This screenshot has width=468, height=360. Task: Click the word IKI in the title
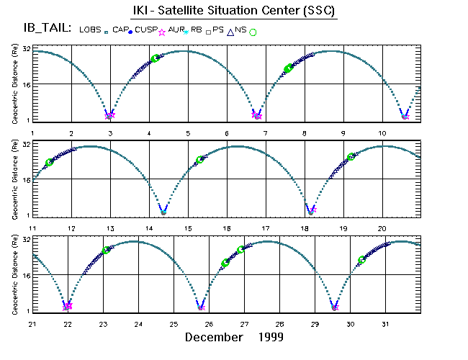pyautogui.click(x=143, y=12)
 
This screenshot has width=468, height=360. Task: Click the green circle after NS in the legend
pyautogui.click(x=253, y=32)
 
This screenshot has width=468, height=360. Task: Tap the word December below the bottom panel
pyautogui.click(x=214, y=337)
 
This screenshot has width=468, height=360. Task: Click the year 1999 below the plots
pyautogui.click(x=270, y=337)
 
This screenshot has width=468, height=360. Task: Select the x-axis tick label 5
pyautogui.click(x=187, y=133)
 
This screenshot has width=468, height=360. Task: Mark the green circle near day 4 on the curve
pyautogui.click(x=155, y=58)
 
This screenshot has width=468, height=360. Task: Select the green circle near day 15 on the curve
pyautogui.click(x=200, y=159)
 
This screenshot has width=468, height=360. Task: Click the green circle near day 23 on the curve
pyautogui.click(x=107, y=250)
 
